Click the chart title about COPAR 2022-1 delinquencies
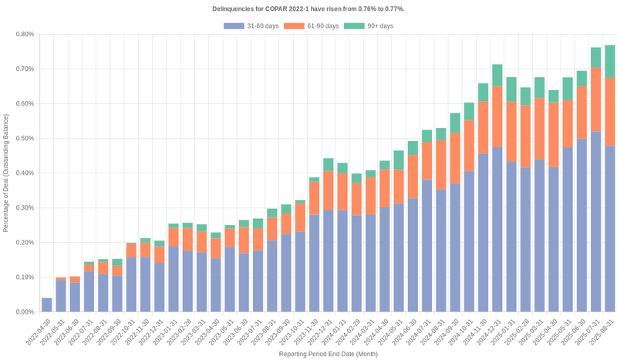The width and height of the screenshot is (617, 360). pyautogui.click(x=308, y=8)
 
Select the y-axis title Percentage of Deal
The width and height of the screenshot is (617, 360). pyautogui.click(x=6, y=173)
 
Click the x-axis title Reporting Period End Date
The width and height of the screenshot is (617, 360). pyautogui.click(x=328, y=354)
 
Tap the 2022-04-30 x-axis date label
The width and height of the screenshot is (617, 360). pyautogui.click(x=38, y=331)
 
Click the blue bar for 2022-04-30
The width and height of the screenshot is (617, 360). pyautogui.click(x=47, y=305)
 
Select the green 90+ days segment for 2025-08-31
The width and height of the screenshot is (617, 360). pyautogui.click(x=609, y=62)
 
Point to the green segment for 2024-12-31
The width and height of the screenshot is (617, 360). pyautogui.click(x=497, y=75)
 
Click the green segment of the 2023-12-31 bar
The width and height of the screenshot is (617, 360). pyautogui.click(x=329, y=164)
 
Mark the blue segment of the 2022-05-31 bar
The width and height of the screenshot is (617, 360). pyautogui.click(x=61, y=296)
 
